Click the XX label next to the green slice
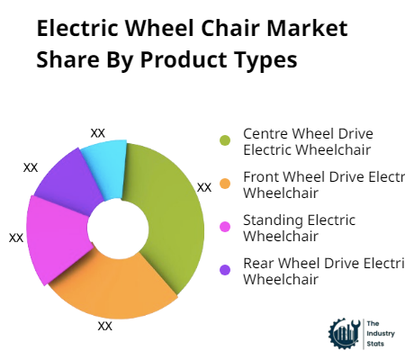(x=204, y=187)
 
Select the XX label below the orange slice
(x=105, y=326)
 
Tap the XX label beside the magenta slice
(x=16, y=238)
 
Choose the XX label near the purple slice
(x=31, y=167)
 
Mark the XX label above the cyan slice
(x=98, y=132)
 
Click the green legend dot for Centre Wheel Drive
(x=226, y=140)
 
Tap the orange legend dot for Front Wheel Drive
(x=226, y=184)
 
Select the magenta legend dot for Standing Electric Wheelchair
(x=226, y=227)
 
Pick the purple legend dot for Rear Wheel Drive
(x=226, y=270)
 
